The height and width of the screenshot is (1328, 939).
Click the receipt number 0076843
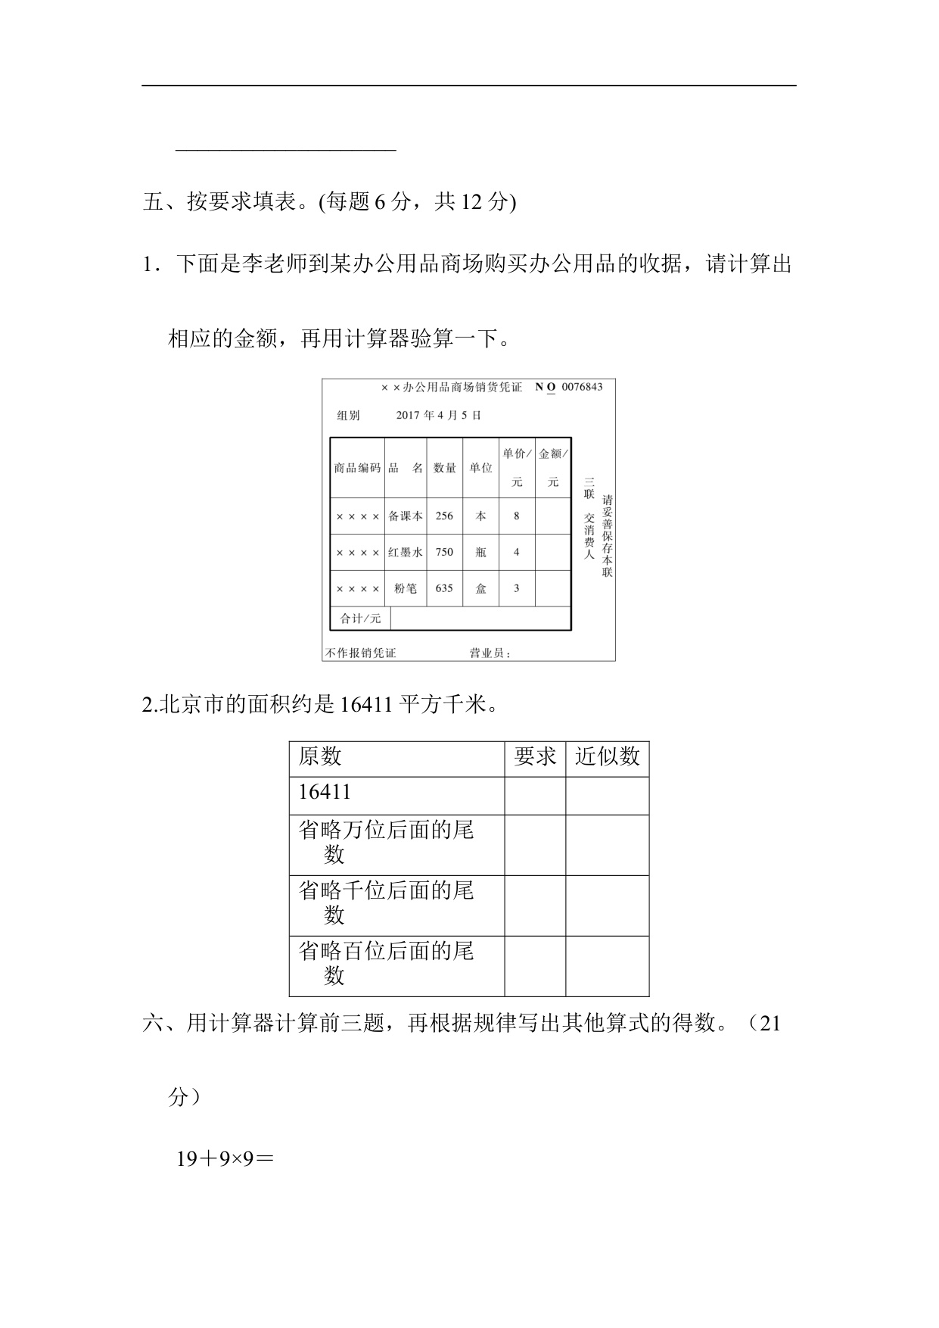pyautogui.click(x=582, y=387)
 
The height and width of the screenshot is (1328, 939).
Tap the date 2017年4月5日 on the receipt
pyautogui.click(x=438, y=415)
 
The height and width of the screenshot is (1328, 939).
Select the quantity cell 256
pyautogui.click(x=444, y=516)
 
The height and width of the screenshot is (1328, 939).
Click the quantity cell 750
pyautogui.click(x=444, y=552)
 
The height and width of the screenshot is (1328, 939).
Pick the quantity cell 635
pyautogui.click(x=444, y=588)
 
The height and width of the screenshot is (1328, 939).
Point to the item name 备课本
pyautogui.click(x=406, y=516)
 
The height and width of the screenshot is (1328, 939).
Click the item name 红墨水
pyautogui.click(x=406, y=552)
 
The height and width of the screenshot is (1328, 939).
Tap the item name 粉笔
pyautogui.click(x=406, y=588)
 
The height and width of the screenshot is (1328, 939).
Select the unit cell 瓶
pyautogui.click(x=480, y=552)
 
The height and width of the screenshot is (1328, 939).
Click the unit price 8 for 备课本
pyautogui.click(x=517, y=516)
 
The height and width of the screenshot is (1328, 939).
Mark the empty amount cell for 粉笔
pyautogui.click(x=553, y=588)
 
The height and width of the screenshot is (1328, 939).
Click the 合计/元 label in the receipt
pyautogui.click(x=361, y=618)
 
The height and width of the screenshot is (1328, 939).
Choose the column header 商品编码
pyautogui.click(x=357, y=468)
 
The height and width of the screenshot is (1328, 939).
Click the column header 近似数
pyautogui.click(x=607, y=756)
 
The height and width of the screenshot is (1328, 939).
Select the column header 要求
pyautogui.click(x=535, y=756)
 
